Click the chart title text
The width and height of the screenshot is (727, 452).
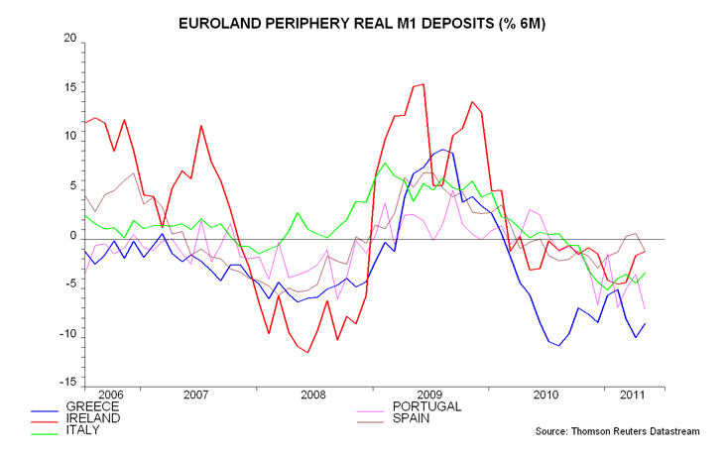362,21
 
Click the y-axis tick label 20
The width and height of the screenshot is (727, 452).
69,39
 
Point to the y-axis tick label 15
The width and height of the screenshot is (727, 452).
69,88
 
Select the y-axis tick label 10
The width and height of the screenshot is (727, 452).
69,137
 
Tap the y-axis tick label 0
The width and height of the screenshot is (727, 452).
72,238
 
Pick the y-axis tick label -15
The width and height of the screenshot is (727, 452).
66,383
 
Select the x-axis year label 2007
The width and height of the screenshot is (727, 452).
195,395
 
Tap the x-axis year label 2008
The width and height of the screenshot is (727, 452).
312,395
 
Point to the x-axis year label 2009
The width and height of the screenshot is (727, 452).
428,395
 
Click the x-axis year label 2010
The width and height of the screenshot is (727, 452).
545,395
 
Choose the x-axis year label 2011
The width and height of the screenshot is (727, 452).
628,395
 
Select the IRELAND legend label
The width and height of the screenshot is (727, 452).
94,418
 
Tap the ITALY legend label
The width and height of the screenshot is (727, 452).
86,431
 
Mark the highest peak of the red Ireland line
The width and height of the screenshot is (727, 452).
424,84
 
